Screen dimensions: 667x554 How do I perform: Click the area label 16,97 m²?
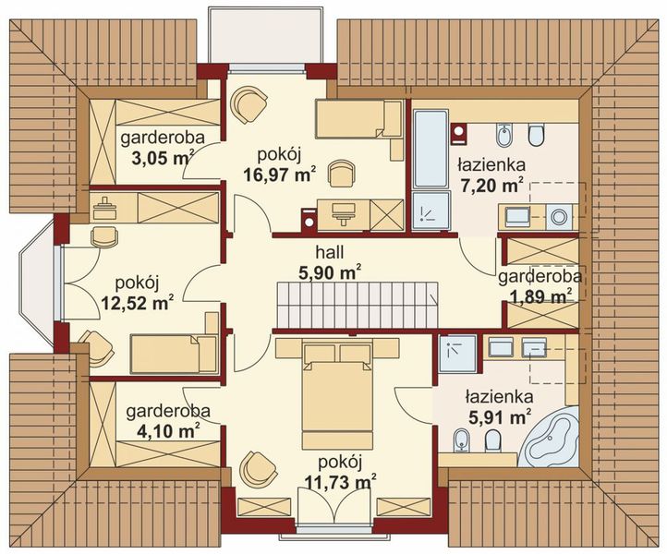[280, 175]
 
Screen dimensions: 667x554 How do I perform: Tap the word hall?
[330, 252]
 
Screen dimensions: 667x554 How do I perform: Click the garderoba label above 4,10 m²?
[168, 411]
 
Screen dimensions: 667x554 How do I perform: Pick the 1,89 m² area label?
[536, 296]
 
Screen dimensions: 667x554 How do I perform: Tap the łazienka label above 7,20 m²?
[491, 165]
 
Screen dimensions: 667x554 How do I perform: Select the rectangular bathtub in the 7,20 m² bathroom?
[431, 149]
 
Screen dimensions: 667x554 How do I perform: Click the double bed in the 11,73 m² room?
[337, 395]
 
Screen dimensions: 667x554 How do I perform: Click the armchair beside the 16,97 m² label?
[343, 173]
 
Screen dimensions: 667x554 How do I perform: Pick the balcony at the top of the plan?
[267, 36]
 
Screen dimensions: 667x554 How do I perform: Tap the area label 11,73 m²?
[341, 482]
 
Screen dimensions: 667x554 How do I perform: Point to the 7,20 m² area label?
[491, 186]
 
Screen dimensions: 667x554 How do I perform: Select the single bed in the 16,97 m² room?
[358, 119]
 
